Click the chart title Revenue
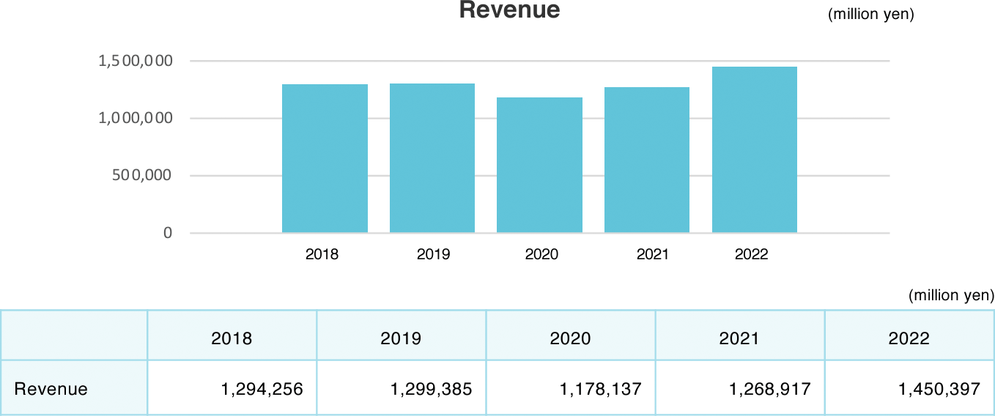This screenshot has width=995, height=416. tap(509, 10)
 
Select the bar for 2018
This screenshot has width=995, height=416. tap(325, 159)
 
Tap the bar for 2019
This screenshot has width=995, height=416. tap(432, 158)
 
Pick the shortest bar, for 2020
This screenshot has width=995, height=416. tap(539, 166)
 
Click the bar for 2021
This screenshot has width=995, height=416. tap(647, 160)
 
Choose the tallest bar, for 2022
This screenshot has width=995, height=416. tap(754, 150)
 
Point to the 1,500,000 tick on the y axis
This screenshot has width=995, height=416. tap(136, 61)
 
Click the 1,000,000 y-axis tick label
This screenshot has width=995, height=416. tap(136, 118)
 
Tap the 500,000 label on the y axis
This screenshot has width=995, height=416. tap(143, 175)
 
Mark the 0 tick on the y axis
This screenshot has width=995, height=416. tap(168, 233)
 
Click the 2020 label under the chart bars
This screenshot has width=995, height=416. tap(541, 254)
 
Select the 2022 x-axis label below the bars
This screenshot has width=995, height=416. tap(751, 254)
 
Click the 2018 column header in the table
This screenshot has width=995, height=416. tap(232, 338)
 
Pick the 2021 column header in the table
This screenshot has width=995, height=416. tap(739, 338)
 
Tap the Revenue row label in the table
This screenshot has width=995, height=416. tap(51, 389)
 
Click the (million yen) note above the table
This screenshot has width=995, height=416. tap(951, 295)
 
